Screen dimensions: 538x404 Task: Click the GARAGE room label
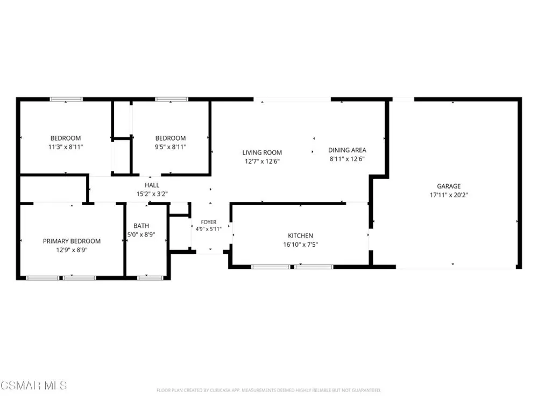pyautogui.click(x=449, y=186)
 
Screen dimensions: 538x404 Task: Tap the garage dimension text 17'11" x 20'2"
pyautogui.click(x=449, y=195)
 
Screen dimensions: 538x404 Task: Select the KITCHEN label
pyautogui.click(x=300, y=236)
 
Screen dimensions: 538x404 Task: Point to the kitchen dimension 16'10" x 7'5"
pyautogui.click(x=300, y=245)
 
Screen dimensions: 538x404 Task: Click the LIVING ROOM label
pyautogui.click(x=262, y=152)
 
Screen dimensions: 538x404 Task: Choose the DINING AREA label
pyautogui.click(x=347, y=150)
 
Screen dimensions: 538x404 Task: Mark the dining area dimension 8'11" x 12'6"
pyautogui.click(x=347, y=159)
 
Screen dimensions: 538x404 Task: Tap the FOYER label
pyautogui.click(x=209, y=222)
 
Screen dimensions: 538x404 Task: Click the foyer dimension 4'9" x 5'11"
pyautogui.click(x=209, y=229)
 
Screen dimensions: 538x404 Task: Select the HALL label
pyautogui.click(x=152, y=185)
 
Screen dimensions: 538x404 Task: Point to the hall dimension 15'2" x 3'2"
pyautogui.click(x=152, y=194)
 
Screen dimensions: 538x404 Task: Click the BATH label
pyautogui.click(x=141, y=226)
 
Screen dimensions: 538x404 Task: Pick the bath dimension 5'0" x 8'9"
pyautogui.click(x=141, y=235)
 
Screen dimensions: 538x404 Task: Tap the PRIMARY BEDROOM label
pyautogui.click(x=72, y=241)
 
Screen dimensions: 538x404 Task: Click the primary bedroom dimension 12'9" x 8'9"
pyautogui.click(x=72, y=250)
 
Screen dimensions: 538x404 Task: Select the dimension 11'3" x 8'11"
pyautogui.click(x=66, y=147)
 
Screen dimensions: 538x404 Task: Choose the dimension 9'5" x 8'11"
pyautogui.click(x=171, y=147)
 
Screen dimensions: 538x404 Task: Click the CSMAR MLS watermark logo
pyautogui.click(x=33, y=386)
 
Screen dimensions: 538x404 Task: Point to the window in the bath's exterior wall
pyautogui.click(x=150, y=278)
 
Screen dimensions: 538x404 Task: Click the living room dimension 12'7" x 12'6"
pyautogui.click(x=262, y=162)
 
